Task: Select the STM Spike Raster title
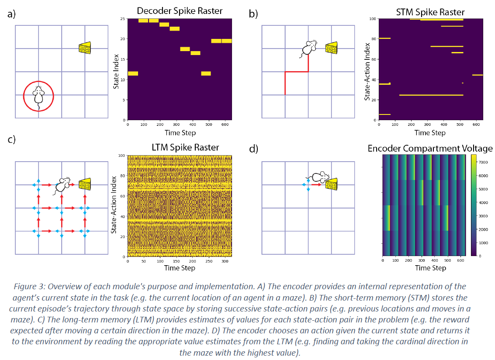click(430, 12)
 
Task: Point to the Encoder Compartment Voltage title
click(430, 149)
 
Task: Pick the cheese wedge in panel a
click(85, 48)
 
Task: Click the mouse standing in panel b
click(309, 49)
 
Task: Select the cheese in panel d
click(331, 184)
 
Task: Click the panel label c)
click(12, 140)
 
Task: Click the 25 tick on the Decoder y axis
click(123, 19)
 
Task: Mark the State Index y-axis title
click(116, 69)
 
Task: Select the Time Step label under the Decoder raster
click(180, 132)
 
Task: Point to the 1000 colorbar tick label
click(483, 242)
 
